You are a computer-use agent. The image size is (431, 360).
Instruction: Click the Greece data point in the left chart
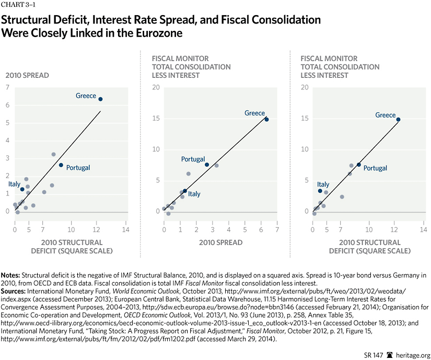[100, 99]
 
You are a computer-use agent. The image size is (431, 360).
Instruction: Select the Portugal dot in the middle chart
[206, 165]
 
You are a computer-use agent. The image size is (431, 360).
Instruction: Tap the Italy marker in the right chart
[320, 191]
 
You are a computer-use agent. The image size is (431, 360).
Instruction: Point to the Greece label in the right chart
[386, 115]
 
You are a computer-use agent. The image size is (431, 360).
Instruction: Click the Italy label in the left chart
[14, 184]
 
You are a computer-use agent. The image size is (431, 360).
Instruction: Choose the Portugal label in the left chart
[78, 168]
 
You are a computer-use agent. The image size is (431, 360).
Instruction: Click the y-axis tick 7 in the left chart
[7, 87]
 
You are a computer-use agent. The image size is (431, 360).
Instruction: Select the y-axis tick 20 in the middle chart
[156, 87]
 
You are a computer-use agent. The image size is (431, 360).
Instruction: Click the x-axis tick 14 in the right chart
[422, 229]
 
